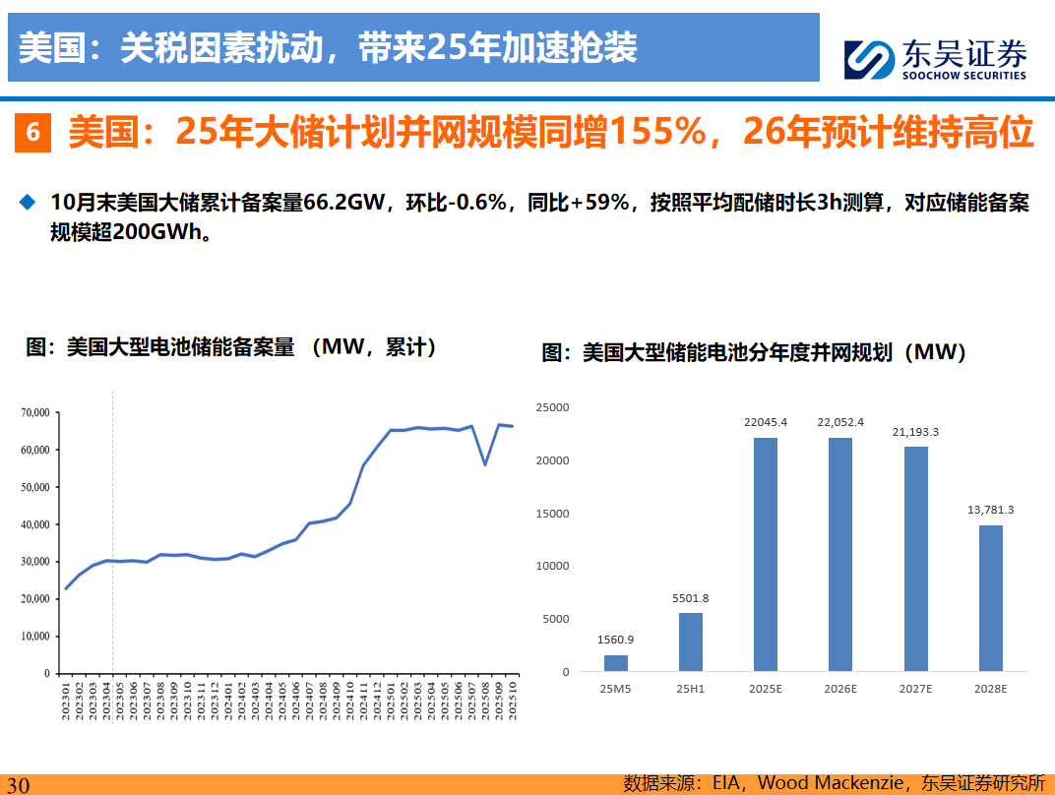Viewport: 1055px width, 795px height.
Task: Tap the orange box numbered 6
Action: click(x=33, y=132)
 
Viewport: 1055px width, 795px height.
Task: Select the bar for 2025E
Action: click(x=765, y=555)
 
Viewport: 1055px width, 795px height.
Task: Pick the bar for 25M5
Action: click(x=616, y=663)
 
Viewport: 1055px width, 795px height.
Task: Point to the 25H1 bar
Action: click(x=691, y=642)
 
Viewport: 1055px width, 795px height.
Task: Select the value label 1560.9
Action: click(x=616, y=640)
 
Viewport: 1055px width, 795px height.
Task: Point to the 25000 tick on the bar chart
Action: click(x=552, y=406)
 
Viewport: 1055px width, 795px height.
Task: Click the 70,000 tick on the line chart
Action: click(x=35, y=413)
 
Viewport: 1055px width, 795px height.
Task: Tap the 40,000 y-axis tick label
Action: click(x=35, y=524)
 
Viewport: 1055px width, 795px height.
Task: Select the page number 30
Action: click(x=19, y=784)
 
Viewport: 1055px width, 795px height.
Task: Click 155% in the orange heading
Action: click(x=664, y=132)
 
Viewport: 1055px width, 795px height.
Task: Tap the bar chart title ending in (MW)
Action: click(x=754, y=352)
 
